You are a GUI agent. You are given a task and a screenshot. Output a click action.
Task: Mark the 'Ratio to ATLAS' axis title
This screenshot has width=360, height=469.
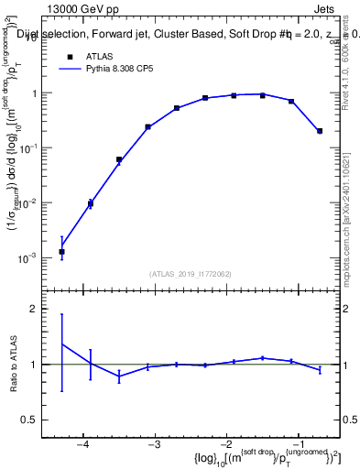[16, 365]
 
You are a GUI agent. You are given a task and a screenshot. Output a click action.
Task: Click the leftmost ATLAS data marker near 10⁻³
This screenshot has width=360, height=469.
[61, 251]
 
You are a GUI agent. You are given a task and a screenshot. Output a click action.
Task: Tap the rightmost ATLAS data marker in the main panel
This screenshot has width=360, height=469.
[320, 131]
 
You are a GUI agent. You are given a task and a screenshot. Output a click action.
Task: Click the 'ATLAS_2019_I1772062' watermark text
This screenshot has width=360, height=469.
[191, 273]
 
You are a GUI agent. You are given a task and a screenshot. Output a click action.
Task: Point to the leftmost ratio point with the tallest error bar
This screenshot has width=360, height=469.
[61, 344]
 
